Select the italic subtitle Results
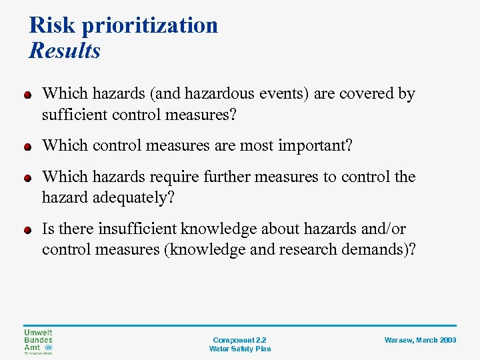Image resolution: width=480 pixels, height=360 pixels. tap(65, 51)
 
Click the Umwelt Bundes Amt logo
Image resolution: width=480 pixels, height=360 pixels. tap(39, 341)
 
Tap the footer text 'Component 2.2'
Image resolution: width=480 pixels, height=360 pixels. tap(239, 340)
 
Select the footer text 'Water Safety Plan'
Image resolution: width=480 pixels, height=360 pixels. tap(239, 349)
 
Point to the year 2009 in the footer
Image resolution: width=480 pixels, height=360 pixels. tap(447, 340)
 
